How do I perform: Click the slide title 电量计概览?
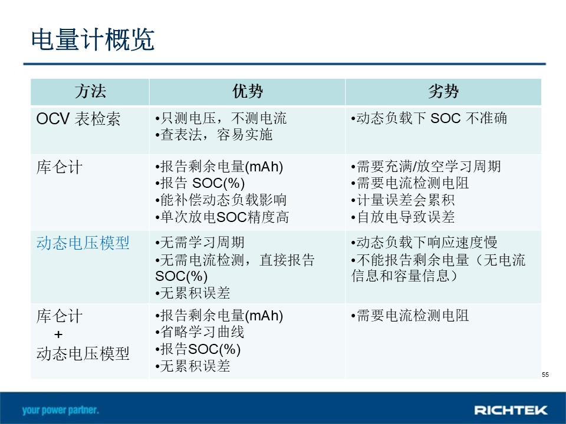93,39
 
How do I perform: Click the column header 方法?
90,91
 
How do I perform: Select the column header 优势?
248,91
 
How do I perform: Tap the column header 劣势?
443,91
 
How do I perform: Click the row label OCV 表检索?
78,118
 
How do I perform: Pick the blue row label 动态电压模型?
83,243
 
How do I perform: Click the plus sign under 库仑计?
58,334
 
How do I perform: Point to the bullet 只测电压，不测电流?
221,118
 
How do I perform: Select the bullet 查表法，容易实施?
213,134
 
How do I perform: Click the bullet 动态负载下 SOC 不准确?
429,118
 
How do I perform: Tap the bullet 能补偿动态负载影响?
221,200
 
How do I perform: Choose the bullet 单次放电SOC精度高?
222,217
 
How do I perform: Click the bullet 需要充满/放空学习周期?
426,166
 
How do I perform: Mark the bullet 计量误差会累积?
403,200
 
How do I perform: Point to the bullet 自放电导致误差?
403,217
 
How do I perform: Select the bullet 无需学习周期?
200,242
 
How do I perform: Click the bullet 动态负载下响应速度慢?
424,242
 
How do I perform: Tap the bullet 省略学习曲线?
200,332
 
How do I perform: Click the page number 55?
545,375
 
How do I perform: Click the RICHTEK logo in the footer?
511,410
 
